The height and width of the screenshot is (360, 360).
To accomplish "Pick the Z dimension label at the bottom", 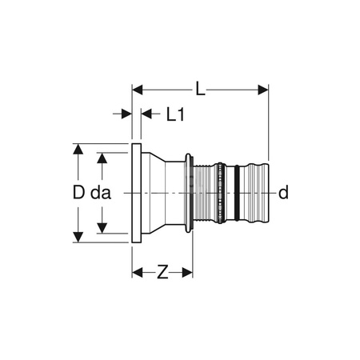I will point(162,272).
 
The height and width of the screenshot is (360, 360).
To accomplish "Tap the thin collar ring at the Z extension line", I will point(189,193).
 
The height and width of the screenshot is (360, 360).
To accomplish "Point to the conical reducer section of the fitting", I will point(164,193).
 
